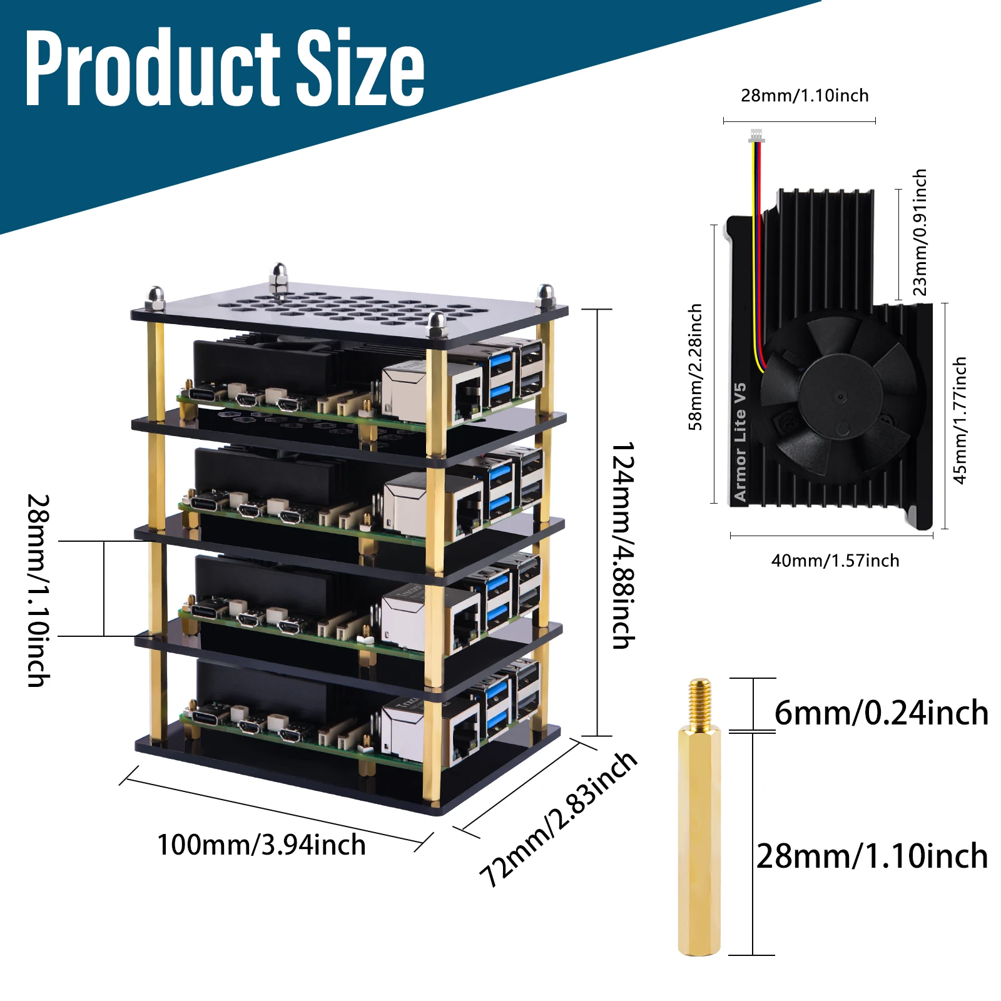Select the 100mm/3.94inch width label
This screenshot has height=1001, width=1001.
(261, 845)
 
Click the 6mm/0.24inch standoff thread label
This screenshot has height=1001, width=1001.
(881, 713)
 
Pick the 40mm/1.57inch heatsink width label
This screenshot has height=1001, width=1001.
(835, 561)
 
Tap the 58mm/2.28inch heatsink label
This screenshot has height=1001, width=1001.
(695, 368)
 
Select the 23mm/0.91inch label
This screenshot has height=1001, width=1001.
(919, 232)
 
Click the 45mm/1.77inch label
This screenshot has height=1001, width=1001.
(959, 420)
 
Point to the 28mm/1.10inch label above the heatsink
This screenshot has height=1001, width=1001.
(805, 96)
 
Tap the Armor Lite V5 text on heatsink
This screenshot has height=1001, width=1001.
(740, 442)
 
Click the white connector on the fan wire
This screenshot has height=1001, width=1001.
(756, 136)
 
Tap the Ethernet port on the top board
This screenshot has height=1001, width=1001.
(467, 394)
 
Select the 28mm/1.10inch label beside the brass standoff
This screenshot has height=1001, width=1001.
(871, 856)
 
